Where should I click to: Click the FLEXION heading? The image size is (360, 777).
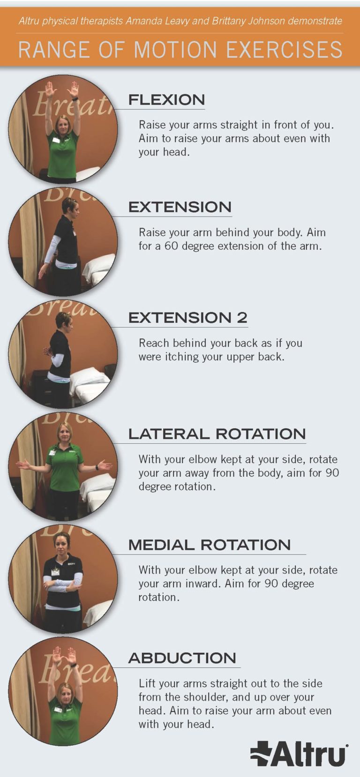click(x=166, y=100)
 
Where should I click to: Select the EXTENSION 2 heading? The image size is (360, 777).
click(x=187, y=318)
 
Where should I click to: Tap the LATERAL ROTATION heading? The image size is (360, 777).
click(x=217, y=434)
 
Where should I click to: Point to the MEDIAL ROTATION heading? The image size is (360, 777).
click(x=210, y=545)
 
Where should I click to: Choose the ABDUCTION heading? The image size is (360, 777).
click(x=182, y=658)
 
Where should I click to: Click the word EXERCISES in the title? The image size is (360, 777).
click(x=284, y=49)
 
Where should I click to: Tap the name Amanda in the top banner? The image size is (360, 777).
click(x=141, y=21)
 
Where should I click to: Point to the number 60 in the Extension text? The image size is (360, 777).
click(x=172, y=246)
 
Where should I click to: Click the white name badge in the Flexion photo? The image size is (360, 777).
click(x=55, y=140)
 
